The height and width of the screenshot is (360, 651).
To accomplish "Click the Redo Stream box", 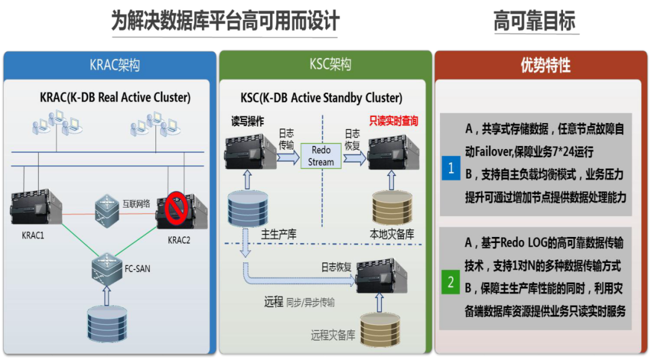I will tap(321, 156).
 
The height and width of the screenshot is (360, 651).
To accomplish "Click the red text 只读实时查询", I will tap(394, 121).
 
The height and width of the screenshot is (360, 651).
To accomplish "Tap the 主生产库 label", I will tap(279, 235).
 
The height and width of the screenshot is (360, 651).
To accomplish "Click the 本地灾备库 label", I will tap(392, 235).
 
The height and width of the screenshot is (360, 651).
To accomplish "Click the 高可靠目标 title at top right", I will tap(535, 22).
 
